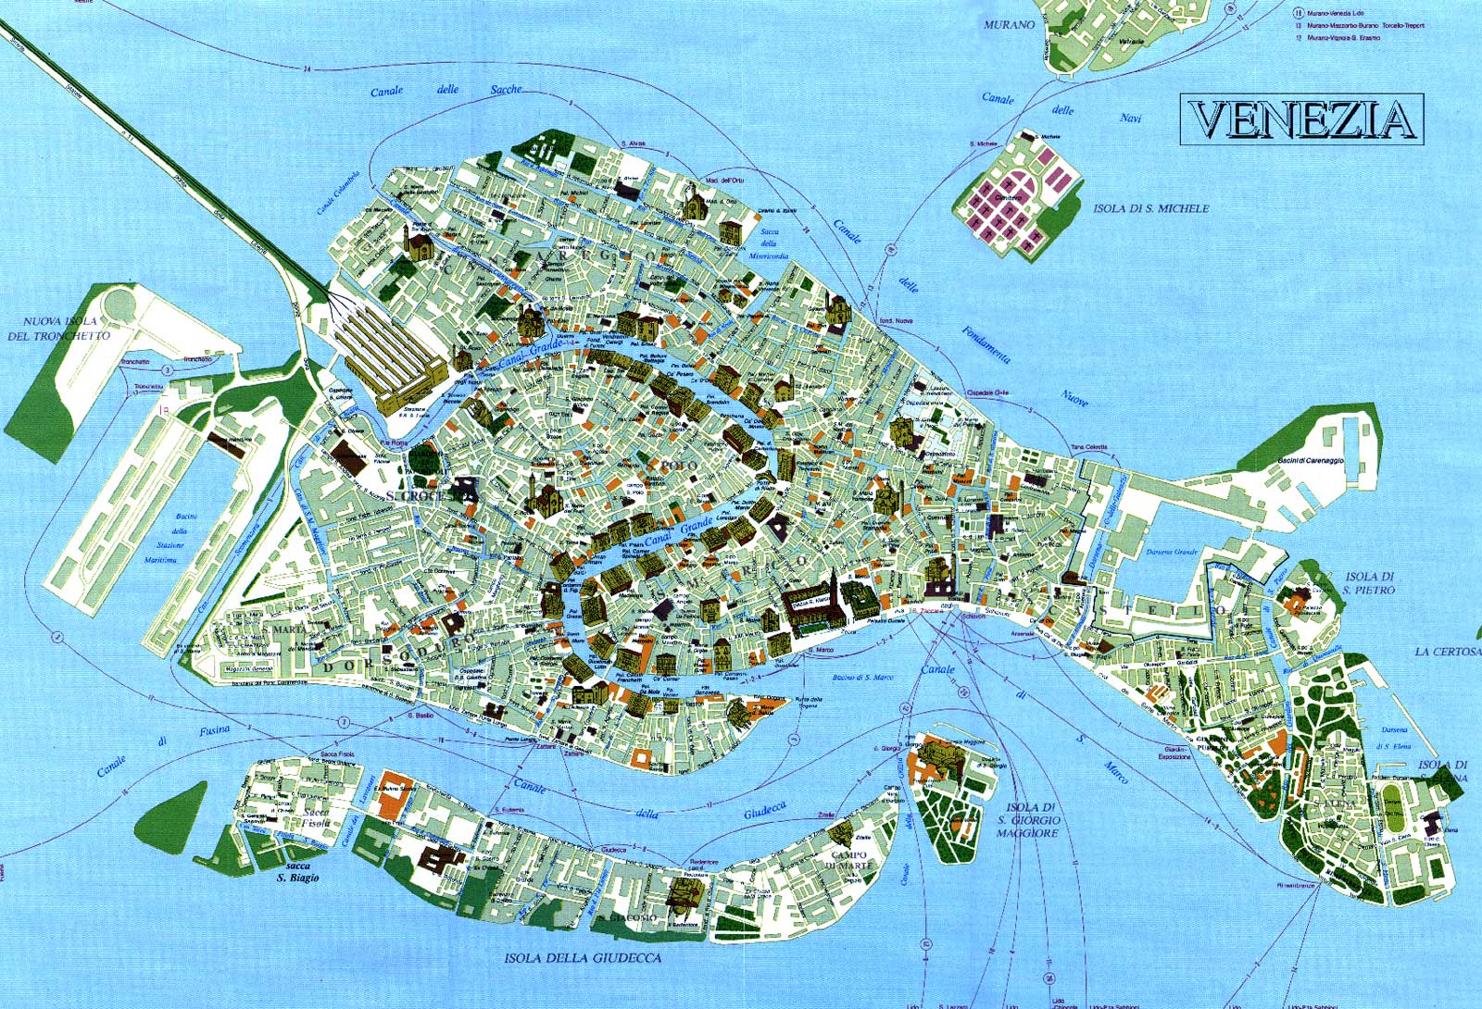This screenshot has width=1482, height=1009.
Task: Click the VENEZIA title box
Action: [1301, 119]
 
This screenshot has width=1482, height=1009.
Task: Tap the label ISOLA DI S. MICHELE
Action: [1151, 208]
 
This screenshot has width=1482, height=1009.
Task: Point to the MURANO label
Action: [1010, 25]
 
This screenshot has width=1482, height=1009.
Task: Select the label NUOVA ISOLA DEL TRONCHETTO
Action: [58, 329]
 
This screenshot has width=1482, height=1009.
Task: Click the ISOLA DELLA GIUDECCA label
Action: [583, 958]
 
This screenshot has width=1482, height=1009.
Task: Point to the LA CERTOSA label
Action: [1447, 652]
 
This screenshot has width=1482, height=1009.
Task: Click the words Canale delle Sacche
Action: [446, 91]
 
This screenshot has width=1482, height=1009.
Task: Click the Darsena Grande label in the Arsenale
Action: [1173, 552]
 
